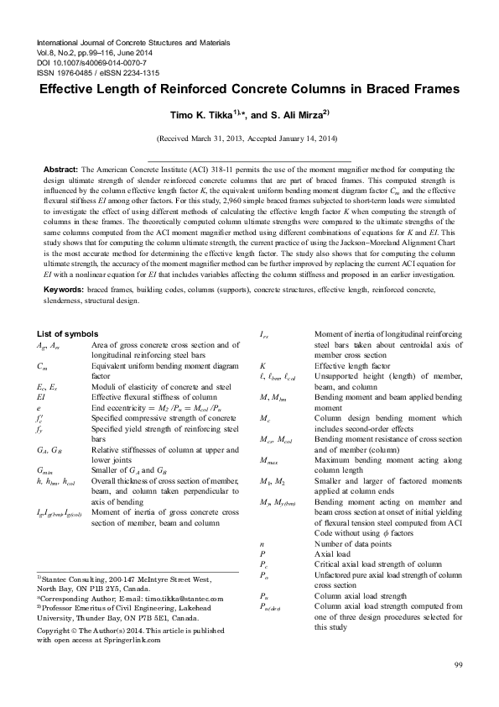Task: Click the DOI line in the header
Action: [x=88, y=61]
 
